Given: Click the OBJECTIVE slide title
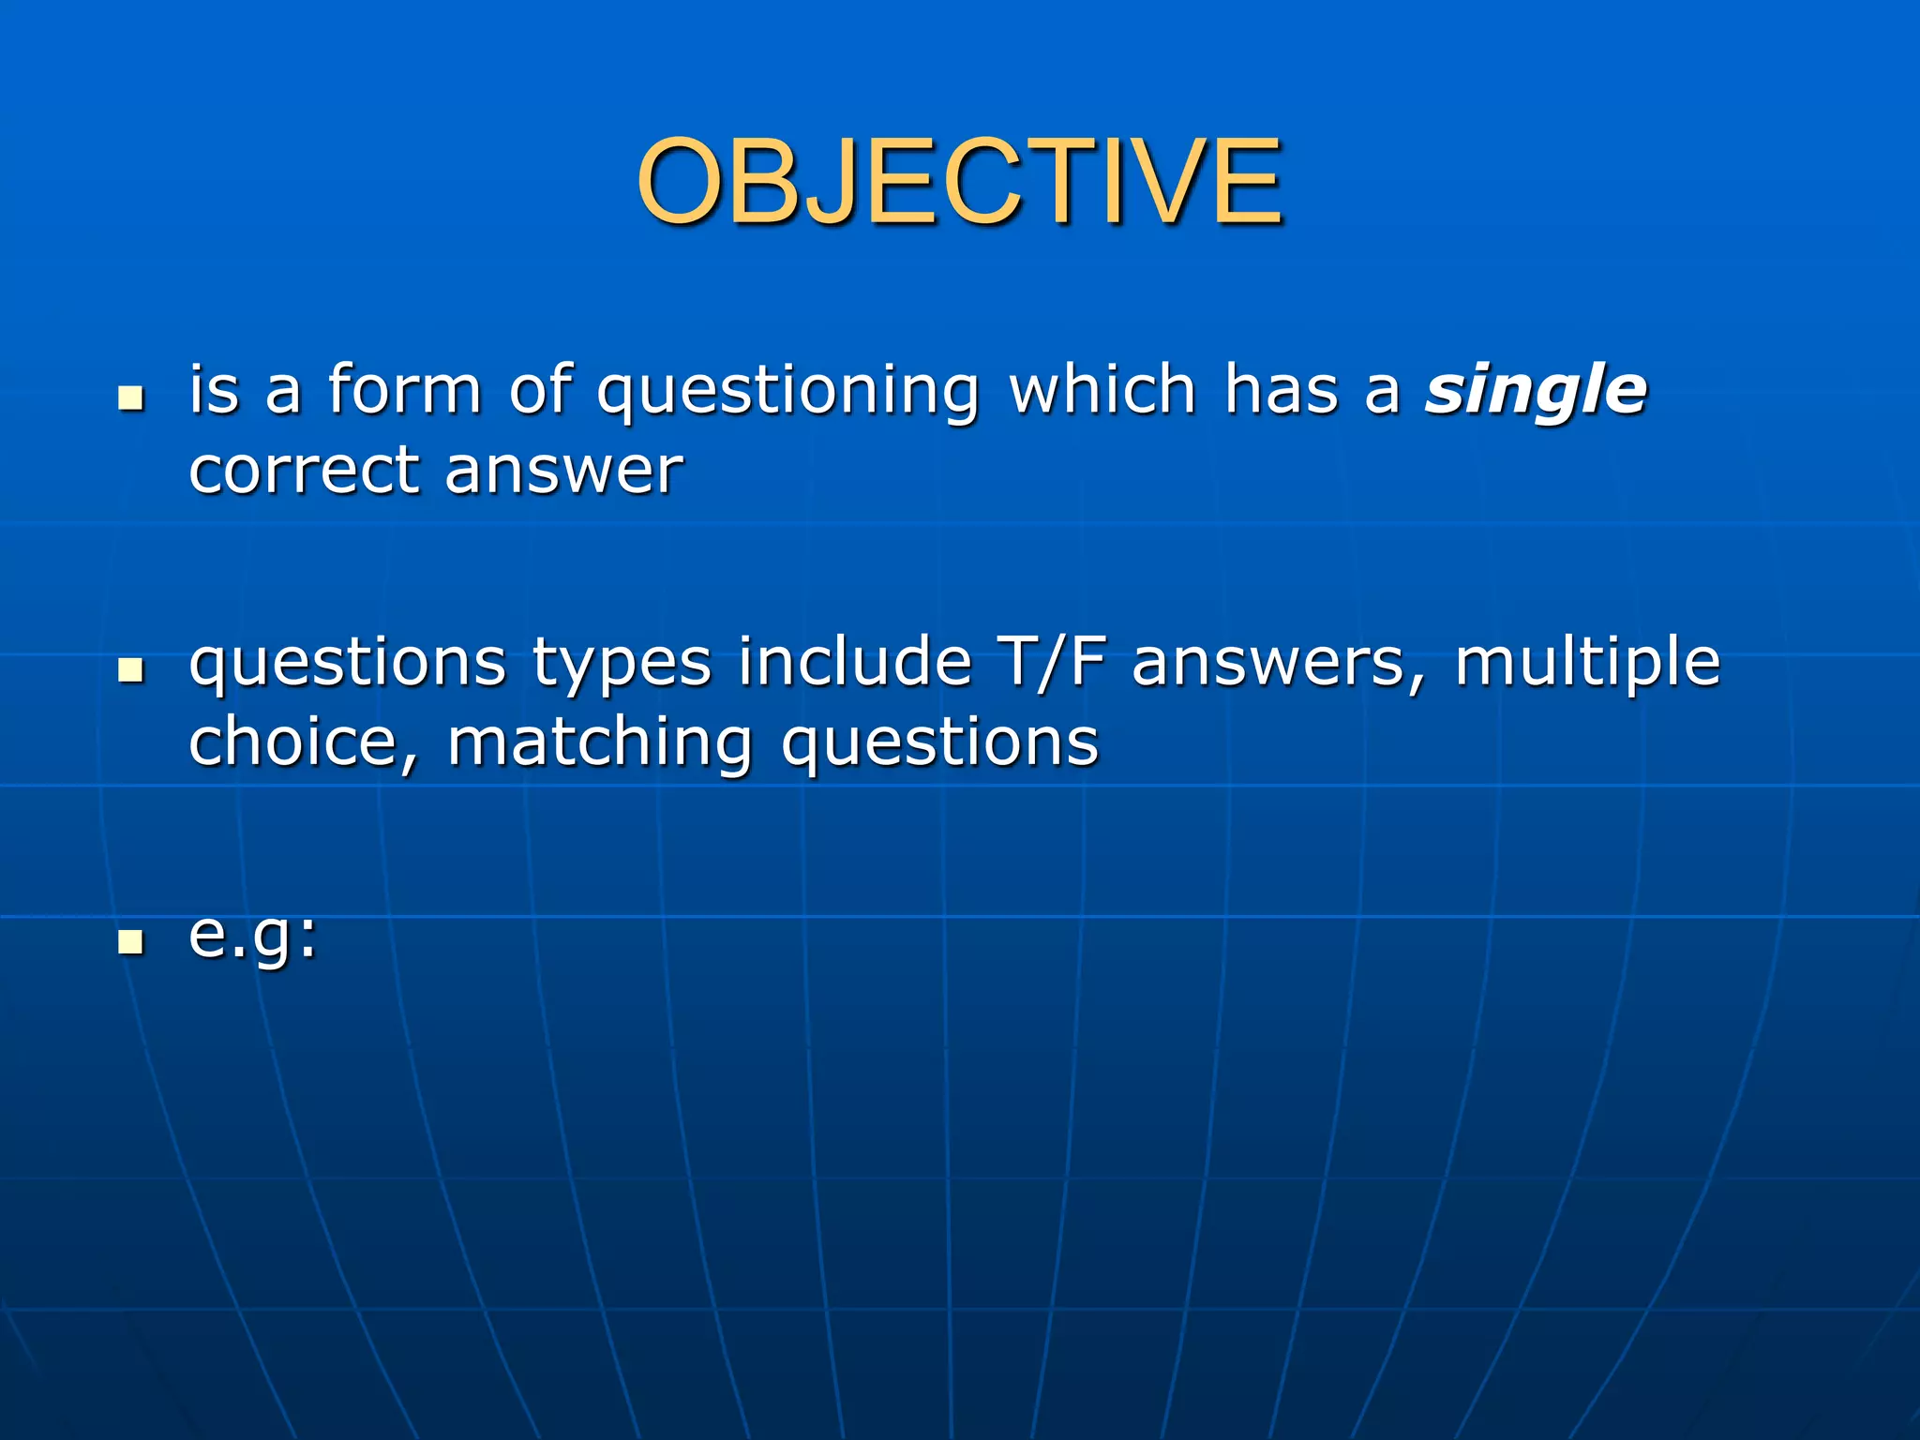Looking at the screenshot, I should (x=958, y=182).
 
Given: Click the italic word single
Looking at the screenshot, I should (x=1536, y=390).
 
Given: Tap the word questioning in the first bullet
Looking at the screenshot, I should (x=788, y=390).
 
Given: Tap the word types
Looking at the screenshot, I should (x=622, y=664).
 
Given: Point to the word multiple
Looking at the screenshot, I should (x=1587, y=664).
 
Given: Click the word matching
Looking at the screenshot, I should (x=600, y=742).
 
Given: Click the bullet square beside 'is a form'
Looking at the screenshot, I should (x=131, y=397).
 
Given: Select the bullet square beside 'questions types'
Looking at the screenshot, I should (x=131, y=670).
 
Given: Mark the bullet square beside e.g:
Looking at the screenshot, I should (x=131, y=941).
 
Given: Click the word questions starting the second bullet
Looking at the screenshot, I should (x=347, y=664).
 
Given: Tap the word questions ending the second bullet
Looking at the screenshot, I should (x=939, y=742).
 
